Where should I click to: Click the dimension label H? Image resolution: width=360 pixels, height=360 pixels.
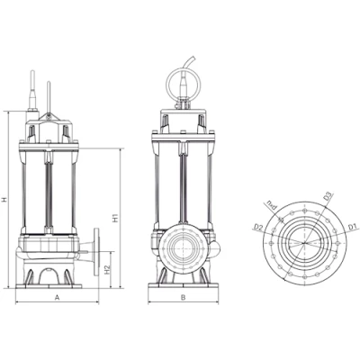point(7,200)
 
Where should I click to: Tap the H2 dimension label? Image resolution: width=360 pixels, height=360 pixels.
point(107,269)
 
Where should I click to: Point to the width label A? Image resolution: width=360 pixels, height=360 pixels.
point(56,295)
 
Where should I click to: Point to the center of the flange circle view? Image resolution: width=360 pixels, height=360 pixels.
point(303,241)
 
